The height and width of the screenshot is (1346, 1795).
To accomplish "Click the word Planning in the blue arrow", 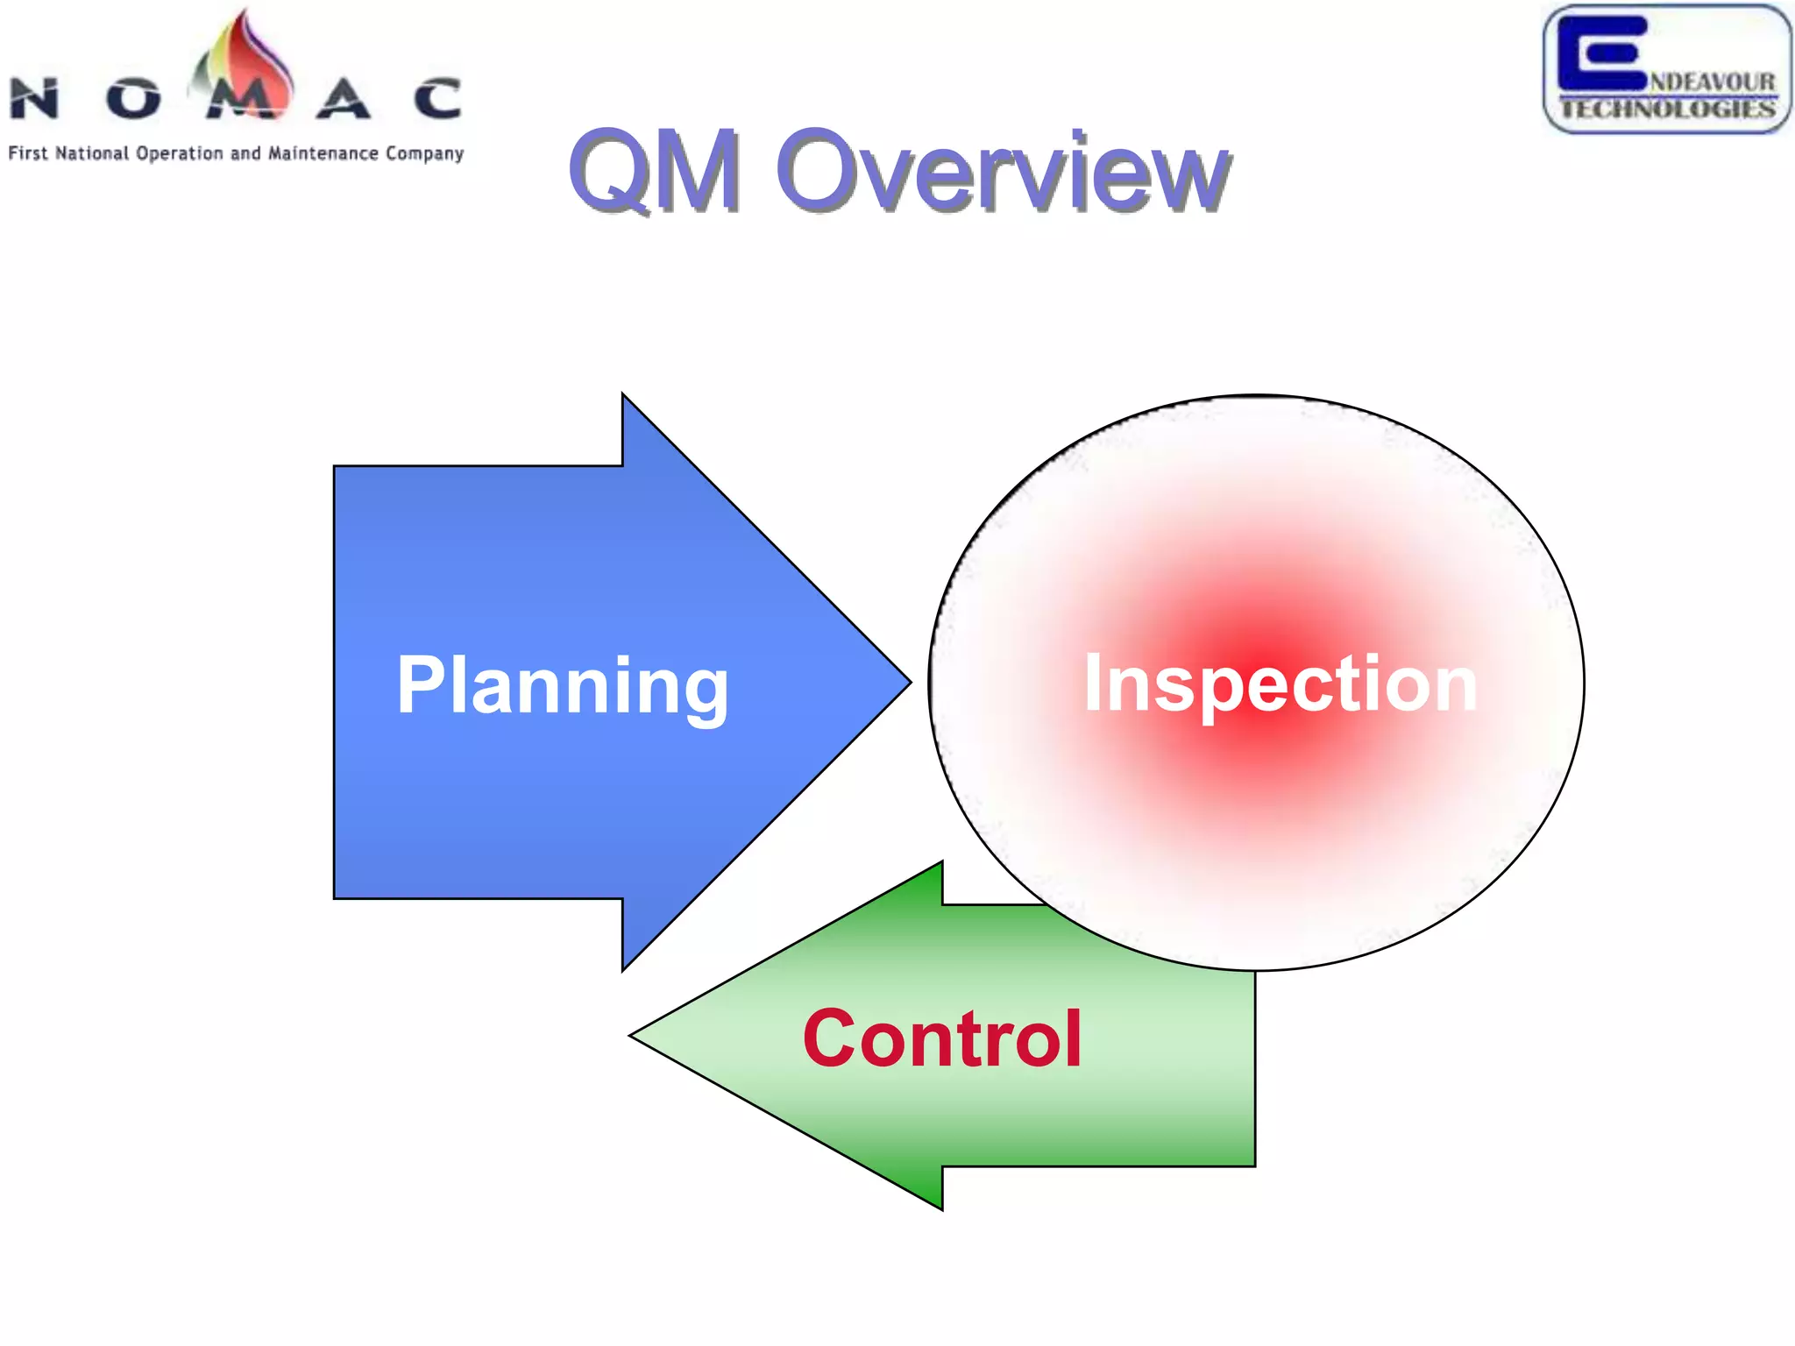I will click(x=562, y=686).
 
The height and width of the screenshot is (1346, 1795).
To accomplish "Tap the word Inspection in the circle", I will click(x=1281, y=684).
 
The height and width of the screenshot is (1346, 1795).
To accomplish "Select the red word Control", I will click(x=942, y=1038).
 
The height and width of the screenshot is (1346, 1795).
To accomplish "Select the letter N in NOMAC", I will click(x=35, y=98).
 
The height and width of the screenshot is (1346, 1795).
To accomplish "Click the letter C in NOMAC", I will click(x=437, y=98).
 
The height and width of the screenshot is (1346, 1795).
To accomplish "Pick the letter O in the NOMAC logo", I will click(x=133, y=98).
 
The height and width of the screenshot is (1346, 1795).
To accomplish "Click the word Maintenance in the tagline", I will click(x=323, y=153).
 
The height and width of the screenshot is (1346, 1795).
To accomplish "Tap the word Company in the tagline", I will click(x=424, y=154).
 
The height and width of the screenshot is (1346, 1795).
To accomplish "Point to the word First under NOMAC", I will click(x=27, y=153).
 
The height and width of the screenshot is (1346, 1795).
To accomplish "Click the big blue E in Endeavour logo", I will click(x=1600, y=53).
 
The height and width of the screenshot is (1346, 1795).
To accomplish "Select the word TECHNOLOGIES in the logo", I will click(x=1667, y=110).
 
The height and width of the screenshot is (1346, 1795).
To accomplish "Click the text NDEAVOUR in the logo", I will click(x=1713, y=81).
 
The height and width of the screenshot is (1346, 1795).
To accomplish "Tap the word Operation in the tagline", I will click(x=180, y=154).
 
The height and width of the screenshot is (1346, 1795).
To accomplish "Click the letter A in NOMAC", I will click(x=343, y=98).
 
